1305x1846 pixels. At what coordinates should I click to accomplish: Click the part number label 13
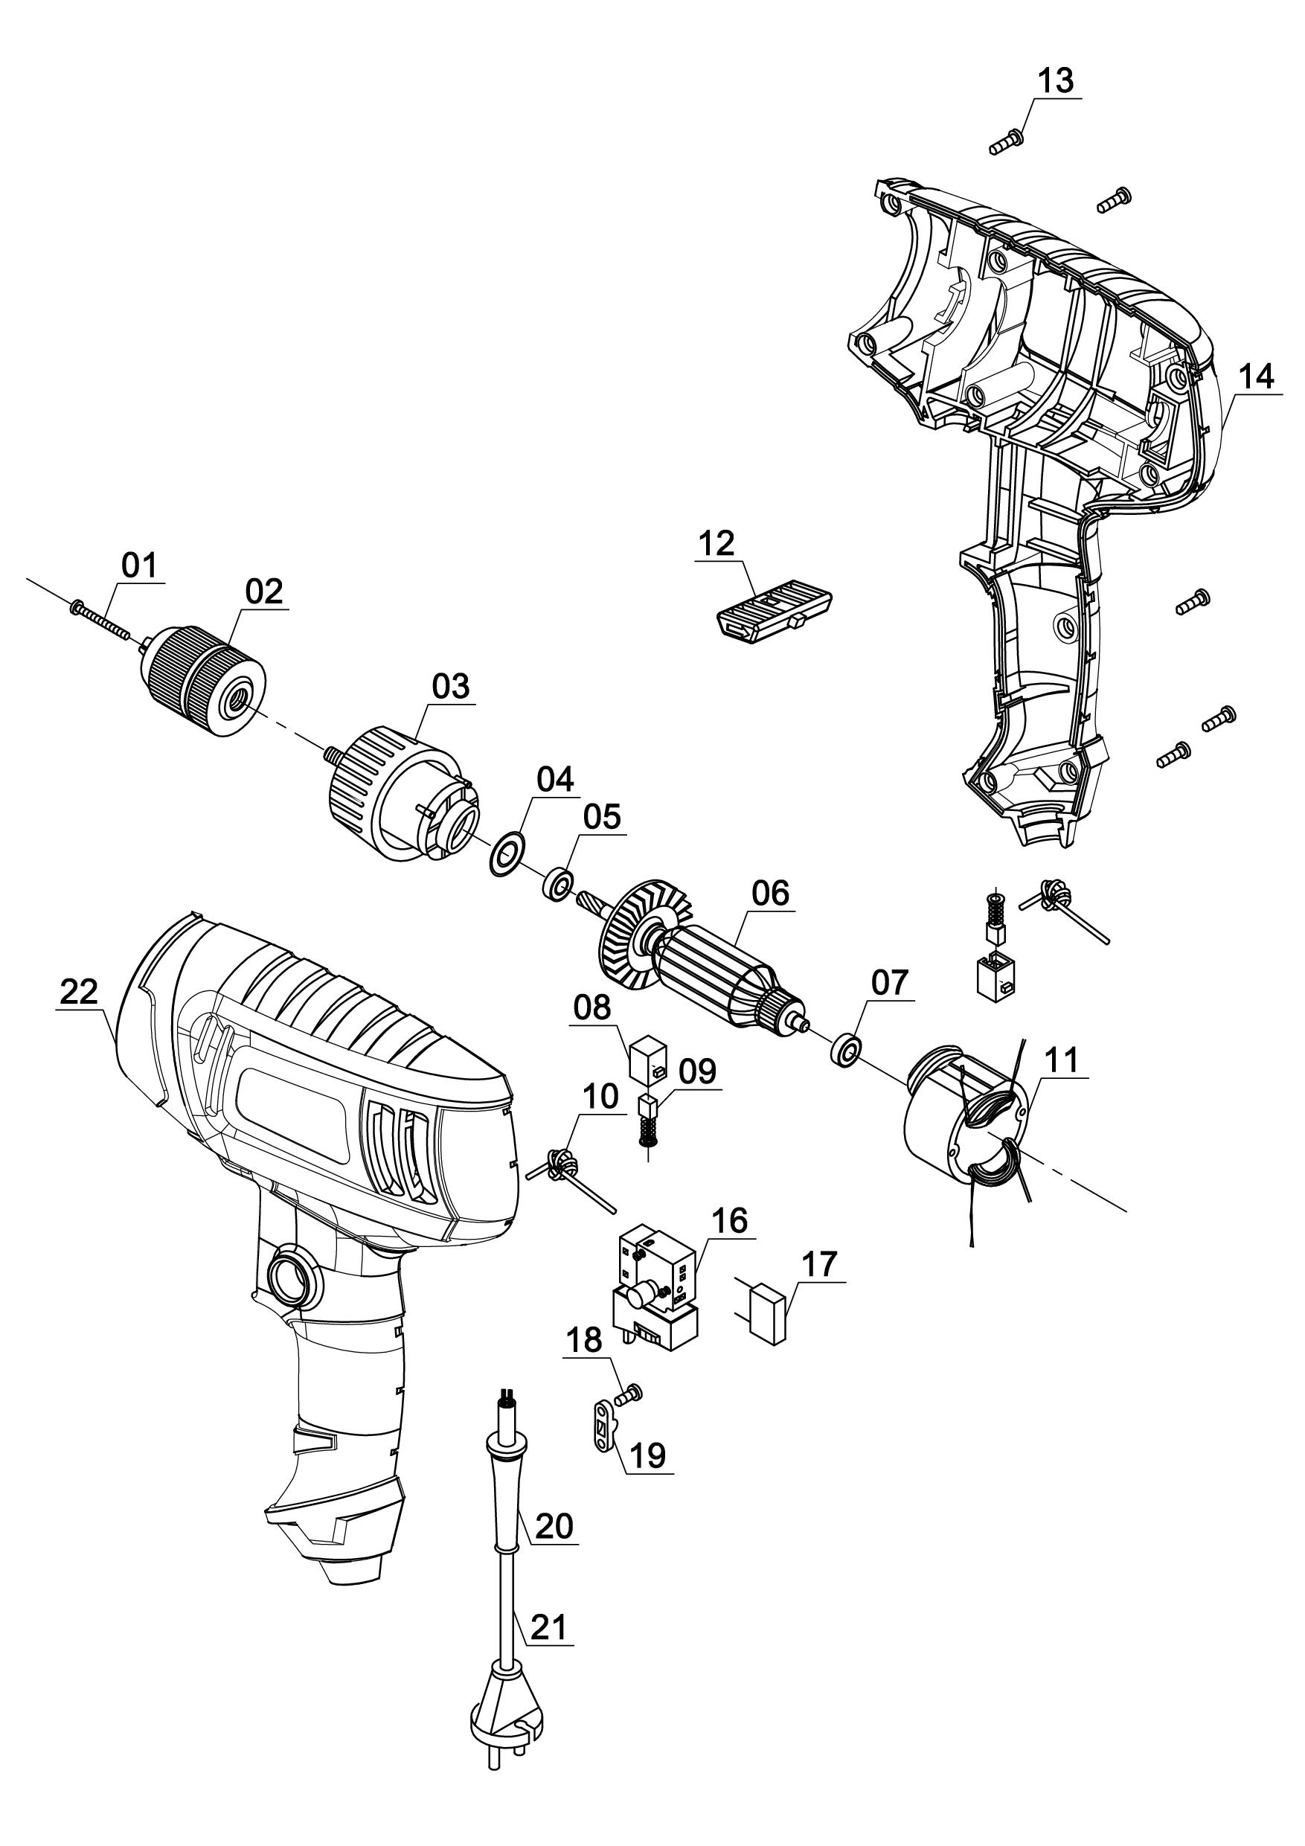pos(1055,80)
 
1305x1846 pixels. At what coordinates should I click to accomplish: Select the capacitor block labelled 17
pos(767,1323)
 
